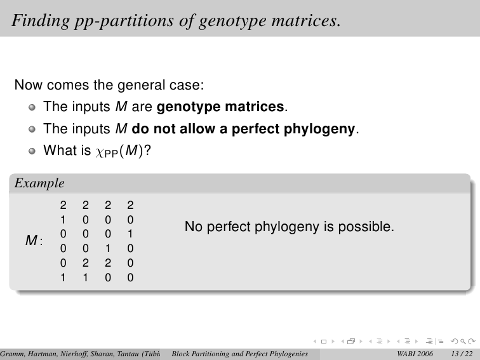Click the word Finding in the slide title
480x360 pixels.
[x=41, y=21]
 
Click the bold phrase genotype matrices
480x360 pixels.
[x=220, y=107]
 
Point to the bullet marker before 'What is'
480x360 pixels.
[x=32, y=151]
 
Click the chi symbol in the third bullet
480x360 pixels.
[x=100, y=152]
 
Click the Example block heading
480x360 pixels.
[x=39, y=183]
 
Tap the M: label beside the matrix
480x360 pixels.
[x=34, y=240]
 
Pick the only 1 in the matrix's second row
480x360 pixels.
[x=63, y=220]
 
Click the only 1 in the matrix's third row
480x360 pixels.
[x=130, y=234]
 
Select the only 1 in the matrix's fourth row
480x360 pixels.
[x=108, y=248]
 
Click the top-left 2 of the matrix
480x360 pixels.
[x=63, y=205]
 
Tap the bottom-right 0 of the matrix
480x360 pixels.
[x=130, y=277]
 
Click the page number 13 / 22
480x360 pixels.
[x=462, y=354]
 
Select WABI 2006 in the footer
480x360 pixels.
[x=415, y=354]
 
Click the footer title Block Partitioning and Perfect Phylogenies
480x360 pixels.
[x=240, y=354]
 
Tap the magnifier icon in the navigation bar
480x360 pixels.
[x=463, y=341]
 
